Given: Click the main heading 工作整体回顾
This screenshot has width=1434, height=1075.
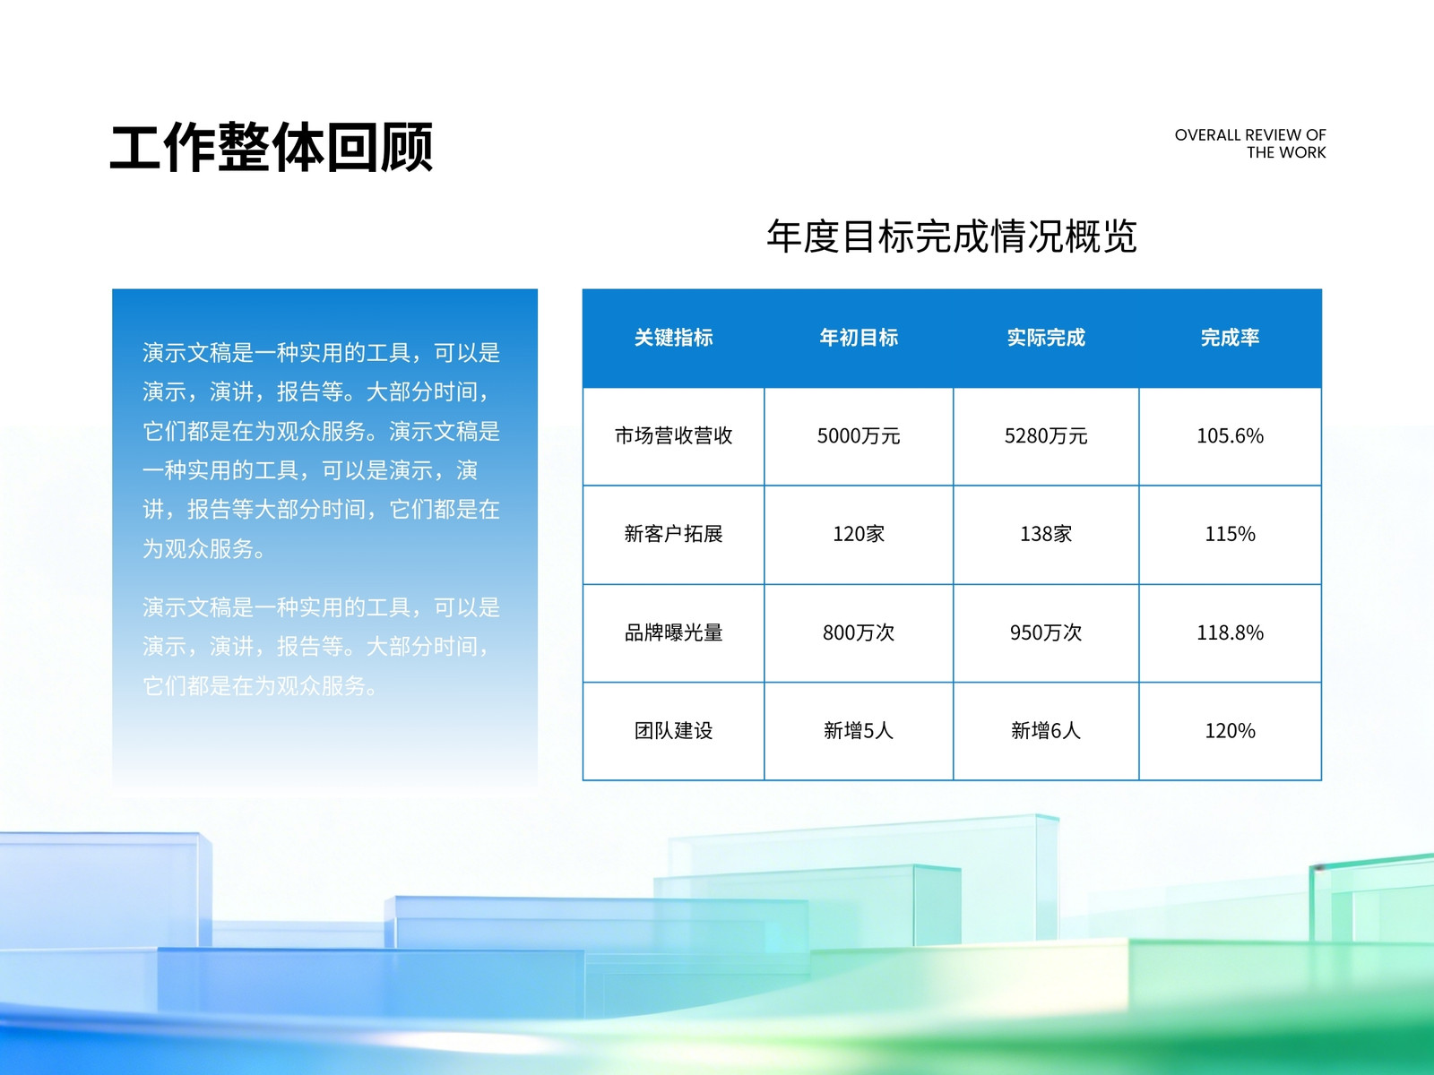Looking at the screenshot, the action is (272, 148).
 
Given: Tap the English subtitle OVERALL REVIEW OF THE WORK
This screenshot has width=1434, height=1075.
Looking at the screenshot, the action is (1249, 143).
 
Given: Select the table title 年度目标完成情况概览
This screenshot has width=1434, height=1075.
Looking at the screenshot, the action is (952, 236).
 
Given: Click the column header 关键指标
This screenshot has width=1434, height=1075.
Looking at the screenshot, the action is (674, 338).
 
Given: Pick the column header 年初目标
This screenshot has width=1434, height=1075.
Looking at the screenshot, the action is (859, 338).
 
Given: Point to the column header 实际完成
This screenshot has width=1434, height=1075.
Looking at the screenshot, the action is (1046, 338).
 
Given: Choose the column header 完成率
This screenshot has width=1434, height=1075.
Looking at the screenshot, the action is (1231, 338).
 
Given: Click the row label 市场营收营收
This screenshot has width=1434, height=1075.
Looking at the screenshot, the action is (674, 436).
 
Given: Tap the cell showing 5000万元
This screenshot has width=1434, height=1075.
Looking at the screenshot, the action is (859, 436).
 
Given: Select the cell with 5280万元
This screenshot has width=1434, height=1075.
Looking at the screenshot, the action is (1046, 436).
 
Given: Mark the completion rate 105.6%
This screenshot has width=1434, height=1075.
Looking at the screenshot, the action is (1231, 436).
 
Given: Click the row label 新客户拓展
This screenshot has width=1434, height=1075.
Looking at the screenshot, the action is (674, 534).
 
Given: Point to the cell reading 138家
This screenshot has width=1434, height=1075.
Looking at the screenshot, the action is (1046, 534).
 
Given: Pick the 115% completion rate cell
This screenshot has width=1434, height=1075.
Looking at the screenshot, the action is (1231, 534).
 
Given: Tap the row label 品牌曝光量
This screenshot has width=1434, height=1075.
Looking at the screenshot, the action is (674, 632).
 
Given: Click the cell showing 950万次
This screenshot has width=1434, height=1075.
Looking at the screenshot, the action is (1046, 632).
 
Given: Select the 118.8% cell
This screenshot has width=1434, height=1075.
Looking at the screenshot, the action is (1231, 632).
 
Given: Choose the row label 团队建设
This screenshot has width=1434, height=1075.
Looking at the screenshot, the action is (674, 730).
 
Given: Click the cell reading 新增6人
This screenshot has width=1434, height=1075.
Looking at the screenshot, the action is (1046, 730).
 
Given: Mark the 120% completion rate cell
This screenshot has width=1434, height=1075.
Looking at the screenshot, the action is (1231, 730).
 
